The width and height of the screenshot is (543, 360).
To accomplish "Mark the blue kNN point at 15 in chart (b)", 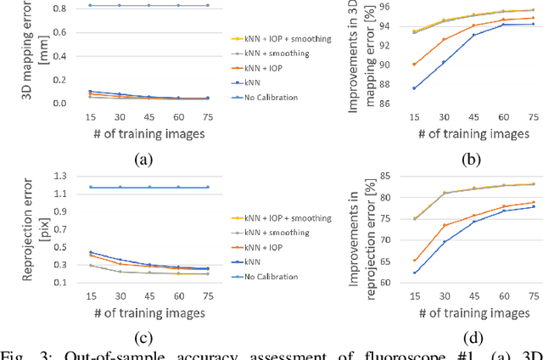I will pyautogui.click(x=413, y=88).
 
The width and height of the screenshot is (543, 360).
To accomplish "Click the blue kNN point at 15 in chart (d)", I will pyautogui.click(x=413, y=273).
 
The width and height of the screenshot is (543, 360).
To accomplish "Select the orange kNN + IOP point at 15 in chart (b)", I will pyautogui.click(x=413, y=65).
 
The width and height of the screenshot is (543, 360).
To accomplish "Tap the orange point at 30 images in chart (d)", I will pyautogui.click(x=444, y=225).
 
